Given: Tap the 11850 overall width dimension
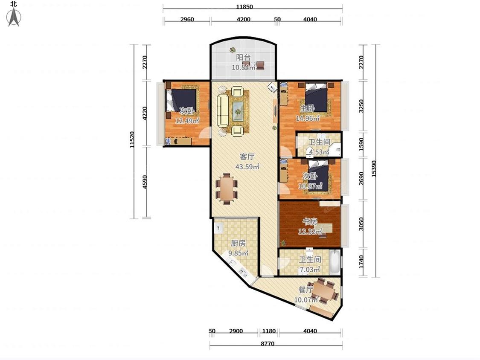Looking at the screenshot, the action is [244, 7].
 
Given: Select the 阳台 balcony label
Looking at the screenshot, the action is [243, 57].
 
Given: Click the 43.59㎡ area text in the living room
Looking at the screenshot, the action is [247, 167].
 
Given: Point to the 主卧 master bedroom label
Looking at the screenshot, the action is [307, 108].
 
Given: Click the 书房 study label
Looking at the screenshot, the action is [310, 221].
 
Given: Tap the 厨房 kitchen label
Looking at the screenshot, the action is [238, 243].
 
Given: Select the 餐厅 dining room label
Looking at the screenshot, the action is [305, 290].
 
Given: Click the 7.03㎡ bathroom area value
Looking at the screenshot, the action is [310, 270].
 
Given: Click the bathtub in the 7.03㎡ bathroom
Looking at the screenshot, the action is [335, 262].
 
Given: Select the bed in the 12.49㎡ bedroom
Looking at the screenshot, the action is [182, 100].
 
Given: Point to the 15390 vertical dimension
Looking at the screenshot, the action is [374, 168].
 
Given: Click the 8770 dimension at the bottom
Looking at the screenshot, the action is [268, 343].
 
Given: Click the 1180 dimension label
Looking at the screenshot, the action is [269, 331].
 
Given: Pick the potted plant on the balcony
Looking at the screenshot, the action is [233, 49].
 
